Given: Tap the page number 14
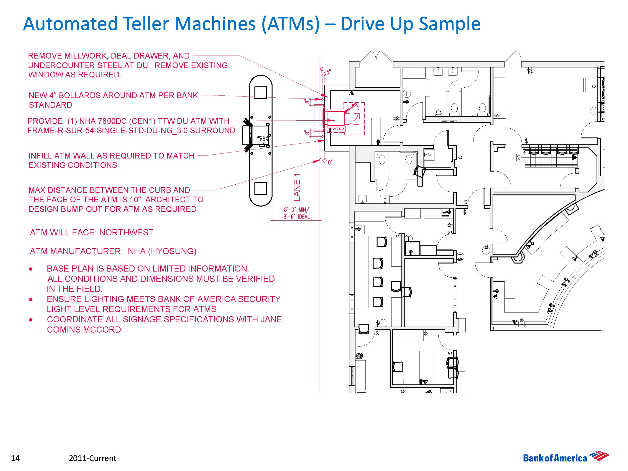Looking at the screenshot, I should coord(15,458).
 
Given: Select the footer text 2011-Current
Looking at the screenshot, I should coord(92,458).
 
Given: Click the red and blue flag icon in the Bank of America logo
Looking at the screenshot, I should coord(599,456).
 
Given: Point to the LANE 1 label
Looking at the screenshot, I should coord(297,187).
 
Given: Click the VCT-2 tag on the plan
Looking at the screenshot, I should coord(338,129).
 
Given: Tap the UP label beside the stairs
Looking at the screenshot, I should coord(518,157).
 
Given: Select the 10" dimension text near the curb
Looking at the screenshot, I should coord(329,162).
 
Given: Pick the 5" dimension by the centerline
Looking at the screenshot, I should coord(329,72).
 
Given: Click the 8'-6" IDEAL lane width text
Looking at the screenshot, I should coord(296,217).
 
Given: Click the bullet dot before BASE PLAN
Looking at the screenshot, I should coord(31,269).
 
